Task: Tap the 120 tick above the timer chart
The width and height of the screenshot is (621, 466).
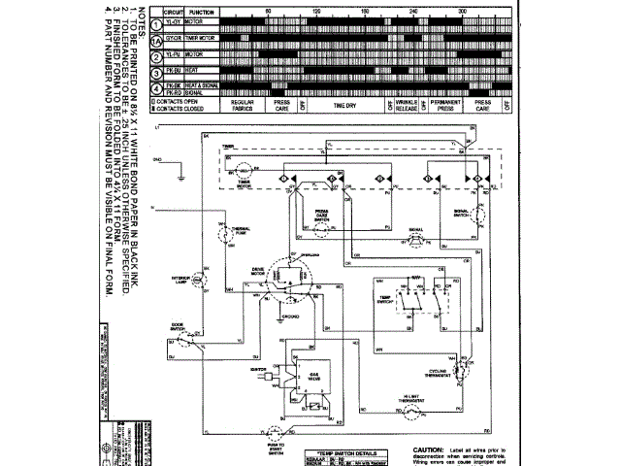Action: tap(316, 10)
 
